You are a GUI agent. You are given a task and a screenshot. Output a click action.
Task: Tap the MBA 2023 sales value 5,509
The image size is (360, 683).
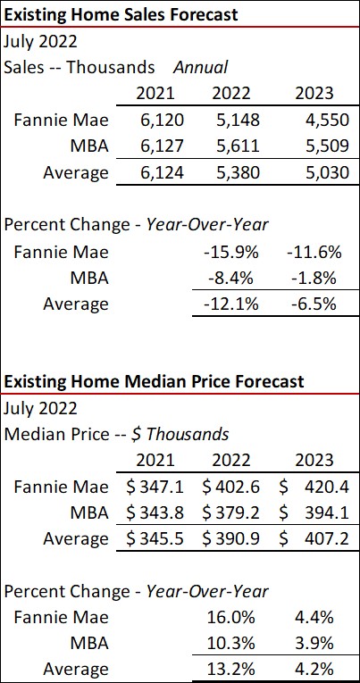click(313, 145)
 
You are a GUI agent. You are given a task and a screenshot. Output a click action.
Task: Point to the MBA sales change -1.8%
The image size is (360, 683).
click(314, 278)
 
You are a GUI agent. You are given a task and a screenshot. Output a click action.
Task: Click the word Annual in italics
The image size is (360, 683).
click(200, 67)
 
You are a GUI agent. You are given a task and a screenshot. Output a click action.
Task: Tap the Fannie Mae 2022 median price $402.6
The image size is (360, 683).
click(232, 487)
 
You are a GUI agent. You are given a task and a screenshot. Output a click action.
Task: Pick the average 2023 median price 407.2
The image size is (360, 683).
click(327, 539)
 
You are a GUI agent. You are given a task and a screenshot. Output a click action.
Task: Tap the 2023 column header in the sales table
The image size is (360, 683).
click(313, 93)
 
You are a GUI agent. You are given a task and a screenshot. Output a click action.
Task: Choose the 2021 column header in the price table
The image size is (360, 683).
click(155, 461)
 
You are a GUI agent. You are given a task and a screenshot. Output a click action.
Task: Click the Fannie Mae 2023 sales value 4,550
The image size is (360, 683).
click(313, 119)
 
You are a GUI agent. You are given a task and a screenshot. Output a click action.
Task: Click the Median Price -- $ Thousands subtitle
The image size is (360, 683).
click(117, 434)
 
